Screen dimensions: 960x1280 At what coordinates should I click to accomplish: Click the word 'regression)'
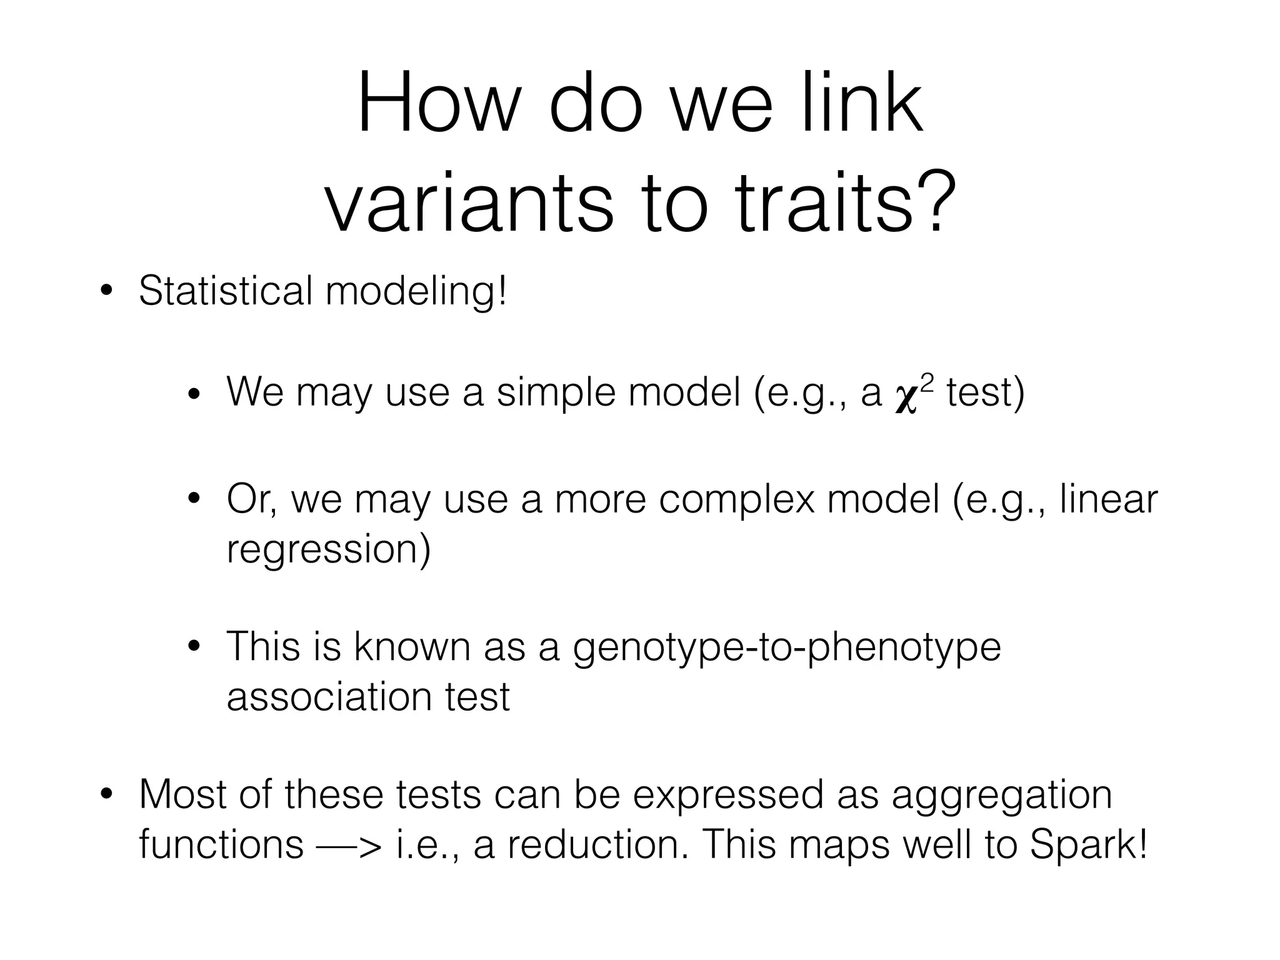(x=328, y=550)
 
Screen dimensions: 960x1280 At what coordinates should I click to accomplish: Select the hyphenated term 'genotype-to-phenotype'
(x=786, y=647)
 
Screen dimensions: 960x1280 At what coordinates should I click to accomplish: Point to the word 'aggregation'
(x=1001, y=795)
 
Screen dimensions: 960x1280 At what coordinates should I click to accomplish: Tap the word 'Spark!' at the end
(x=1087, y=845)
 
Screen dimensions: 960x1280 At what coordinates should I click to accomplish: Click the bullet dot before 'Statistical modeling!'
(x=107, y=291)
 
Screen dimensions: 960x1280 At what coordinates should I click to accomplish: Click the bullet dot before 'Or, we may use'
(x=194, y=499)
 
